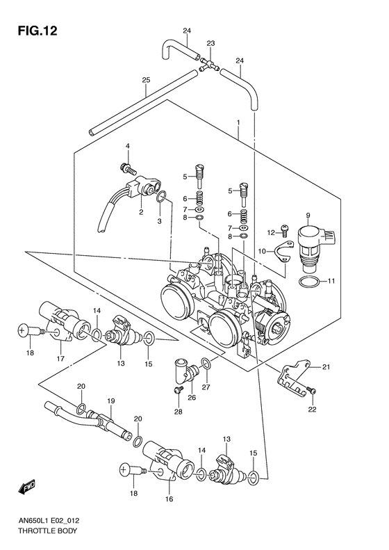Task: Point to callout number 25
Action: tap(146, 81)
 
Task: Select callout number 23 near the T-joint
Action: tap(210, 42)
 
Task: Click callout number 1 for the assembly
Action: tap(238, 122)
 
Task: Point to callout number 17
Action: tap(61, 359)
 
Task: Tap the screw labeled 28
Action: tap(179, 394)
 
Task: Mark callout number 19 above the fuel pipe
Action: tap(110, 401)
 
